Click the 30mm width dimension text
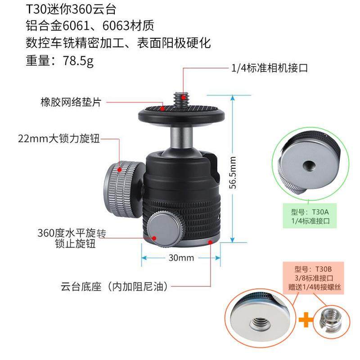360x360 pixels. (181, 258)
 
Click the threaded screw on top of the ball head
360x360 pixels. (183, 98)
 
